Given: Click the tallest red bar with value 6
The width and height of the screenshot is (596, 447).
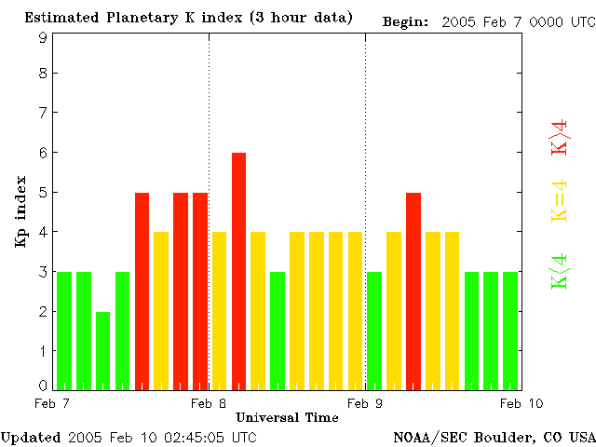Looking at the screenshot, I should tap(238, 270).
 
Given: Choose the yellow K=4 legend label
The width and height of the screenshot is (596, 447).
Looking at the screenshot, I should tap(559, 201).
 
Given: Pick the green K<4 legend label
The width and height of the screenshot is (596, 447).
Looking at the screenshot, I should tap(559, 271).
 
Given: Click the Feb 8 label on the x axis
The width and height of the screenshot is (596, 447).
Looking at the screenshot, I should tap(208, 403).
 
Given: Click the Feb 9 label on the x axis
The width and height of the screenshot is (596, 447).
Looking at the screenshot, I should tap(365, 403).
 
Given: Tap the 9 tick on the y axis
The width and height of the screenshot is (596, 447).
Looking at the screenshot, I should tap(43, 37).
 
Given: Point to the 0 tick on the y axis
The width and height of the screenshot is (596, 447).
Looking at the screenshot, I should tap(43, 385).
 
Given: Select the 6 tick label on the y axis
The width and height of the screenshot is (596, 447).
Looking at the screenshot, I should tap(43, 153).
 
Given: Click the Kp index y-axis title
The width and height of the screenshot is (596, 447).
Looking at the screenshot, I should tap(20, 212).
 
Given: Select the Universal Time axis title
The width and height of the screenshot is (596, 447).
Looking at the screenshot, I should tap(287, 417).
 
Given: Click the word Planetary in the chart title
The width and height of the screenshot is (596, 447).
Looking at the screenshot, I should tap(133, 19).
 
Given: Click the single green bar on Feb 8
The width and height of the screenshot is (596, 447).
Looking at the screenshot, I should tap(278, 330).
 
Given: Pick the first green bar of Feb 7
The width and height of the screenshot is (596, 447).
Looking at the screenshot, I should tap(64, 330).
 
